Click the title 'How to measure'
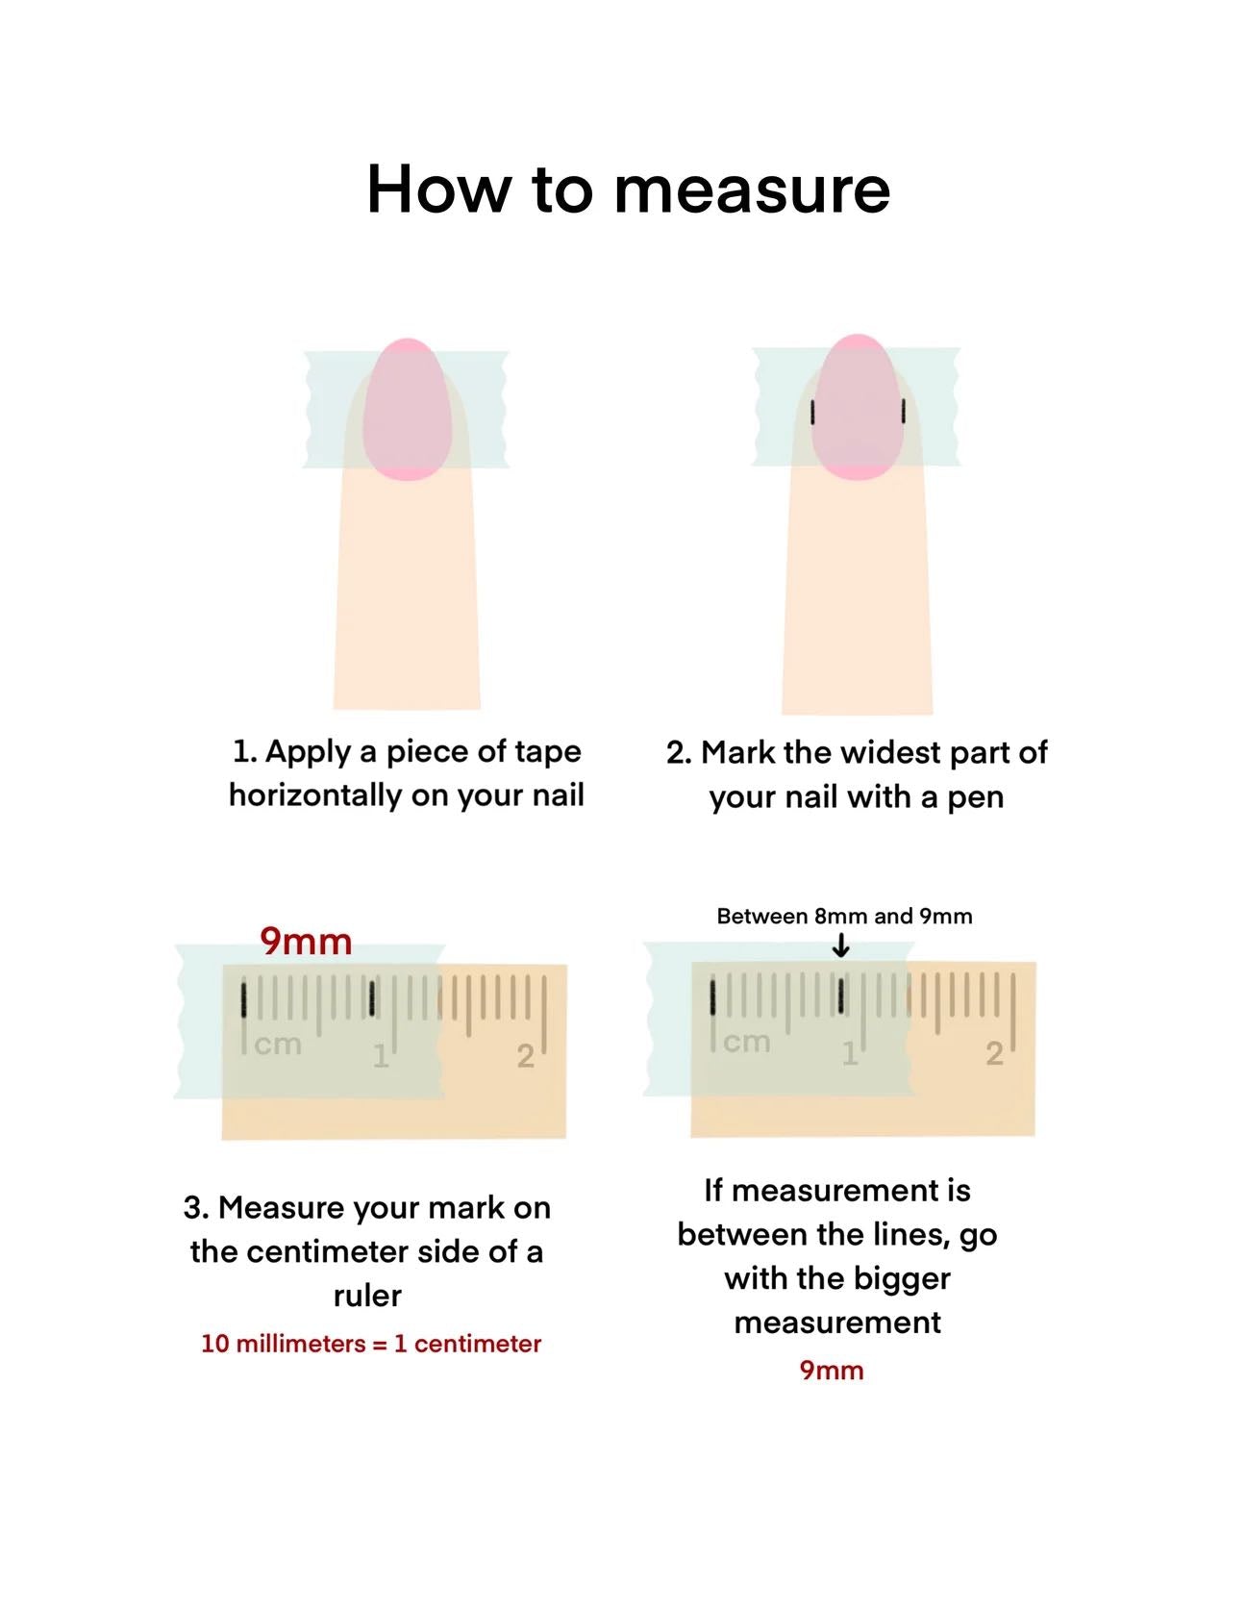pos(628,189)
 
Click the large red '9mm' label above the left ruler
pos(306,941)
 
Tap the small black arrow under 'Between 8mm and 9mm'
pos(841,946)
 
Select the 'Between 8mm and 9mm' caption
pos(844,916)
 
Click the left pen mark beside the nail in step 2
pos(813,413)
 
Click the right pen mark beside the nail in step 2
pos(904,411)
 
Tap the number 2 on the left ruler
pos(525,1056)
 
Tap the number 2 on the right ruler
pos(994,1054)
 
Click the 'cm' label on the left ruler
pos(278,1044)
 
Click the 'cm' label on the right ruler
pos(747,1042)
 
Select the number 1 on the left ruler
pos(381,1056)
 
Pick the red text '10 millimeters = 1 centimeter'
pos(371,1344)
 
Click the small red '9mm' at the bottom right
pos(832,1371)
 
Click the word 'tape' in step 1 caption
pos(548,752)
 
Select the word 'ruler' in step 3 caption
pos(367,1296)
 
